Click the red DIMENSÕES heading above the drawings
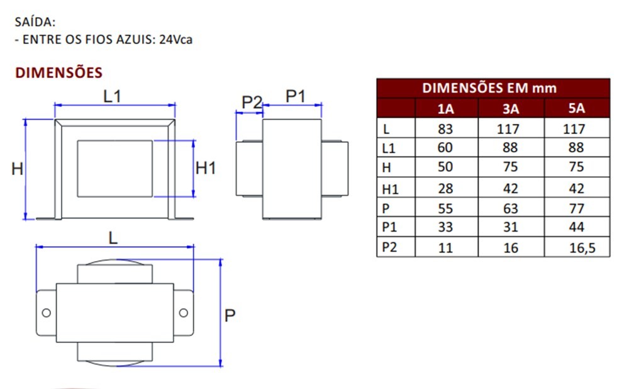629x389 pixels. tap(58, 72)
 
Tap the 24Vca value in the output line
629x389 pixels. tap(175, 39)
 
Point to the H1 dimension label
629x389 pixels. tap(206, 169)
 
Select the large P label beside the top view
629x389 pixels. tap(230, 315)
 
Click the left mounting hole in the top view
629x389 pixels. tap(46, 313)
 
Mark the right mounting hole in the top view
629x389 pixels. tap(183, 313)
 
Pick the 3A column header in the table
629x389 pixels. tap(511, 109)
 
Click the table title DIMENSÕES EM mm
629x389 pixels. tap(489, 88)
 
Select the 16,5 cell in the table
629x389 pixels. tap(581, 248)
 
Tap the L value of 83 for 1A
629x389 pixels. tap(445, 130)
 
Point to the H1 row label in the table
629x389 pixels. tap(391, 188)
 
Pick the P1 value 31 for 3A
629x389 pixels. tap(511, 227)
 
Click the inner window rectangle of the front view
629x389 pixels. tap(114, 168)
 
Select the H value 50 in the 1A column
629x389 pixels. tap(445, 167)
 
